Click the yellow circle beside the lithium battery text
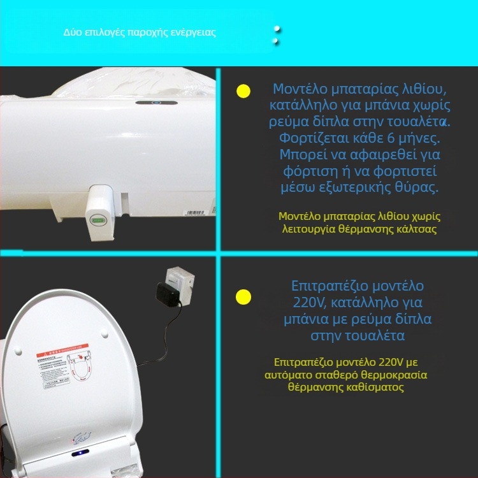(x=243, y=91)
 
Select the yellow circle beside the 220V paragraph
(x=243, y=296)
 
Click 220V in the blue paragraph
(x=305, y=301)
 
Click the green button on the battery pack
(x=99, y=221)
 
